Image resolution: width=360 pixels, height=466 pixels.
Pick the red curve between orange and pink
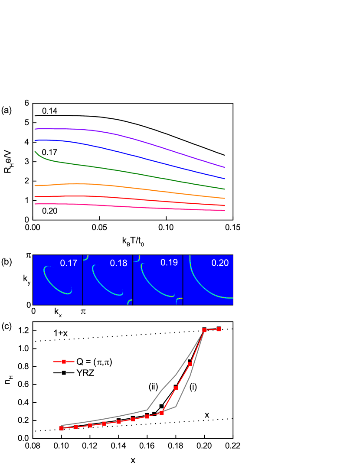click(x=130, y=199)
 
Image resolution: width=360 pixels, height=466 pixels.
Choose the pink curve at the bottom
click(x=130, y=207)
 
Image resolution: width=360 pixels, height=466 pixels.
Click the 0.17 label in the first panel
click(x=69, y=263)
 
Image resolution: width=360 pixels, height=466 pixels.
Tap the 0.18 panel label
click(x=118, y=263)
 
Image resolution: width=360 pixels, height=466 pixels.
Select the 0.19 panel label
click(x=169, y=263)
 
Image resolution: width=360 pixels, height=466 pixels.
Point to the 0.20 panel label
click(x=220, y=263)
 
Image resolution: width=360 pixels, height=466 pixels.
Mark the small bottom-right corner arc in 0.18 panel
click(x=130, y=302)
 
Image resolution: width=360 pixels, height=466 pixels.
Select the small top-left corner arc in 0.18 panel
click(x=86, y=258)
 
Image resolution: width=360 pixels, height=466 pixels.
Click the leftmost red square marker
click(x=62, y=428)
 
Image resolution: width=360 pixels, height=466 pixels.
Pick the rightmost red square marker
click(x=219, y=329)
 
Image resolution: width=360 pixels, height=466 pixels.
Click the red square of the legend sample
click(x=64, y=362)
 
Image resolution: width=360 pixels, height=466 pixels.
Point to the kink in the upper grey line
click(x=147, y=409)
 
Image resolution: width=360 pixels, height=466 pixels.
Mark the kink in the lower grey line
click(x=176, y=406)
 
